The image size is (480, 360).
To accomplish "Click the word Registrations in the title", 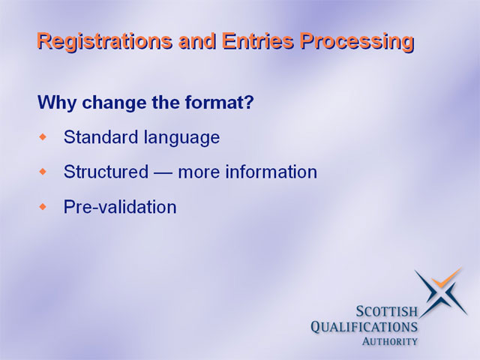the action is tap(105, 42).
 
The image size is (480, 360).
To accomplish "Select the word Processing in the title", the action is tap(357, 42).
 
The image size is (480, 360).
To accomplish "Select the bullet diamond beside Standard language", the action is tap(43, 136).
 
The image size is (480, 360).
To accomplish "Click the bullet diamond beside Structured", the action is tap(43, 172).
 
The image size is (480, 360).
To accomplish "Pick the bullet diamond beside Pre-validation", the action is tap(43, 207).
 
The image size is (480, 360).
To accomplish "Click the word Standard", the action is tap(100, 136).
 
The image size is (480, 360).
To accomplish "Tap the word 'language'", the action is tap(181, 138).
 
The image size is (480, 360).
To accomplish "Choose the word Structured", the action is tap(106, 172).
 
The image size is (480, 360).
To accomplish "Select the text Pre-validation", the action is tap(120, 207).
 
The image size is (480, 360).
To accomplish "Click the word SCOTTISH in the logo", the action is tap(387, 312).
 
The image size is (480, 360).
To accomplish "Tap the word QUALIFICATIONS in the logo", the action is tap(364, 327).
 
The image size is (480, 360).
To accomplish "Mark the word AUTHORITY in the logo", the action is tap(390, 341).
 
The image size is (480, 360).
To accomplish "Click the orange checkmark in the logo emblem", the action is tap(446, 279).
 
